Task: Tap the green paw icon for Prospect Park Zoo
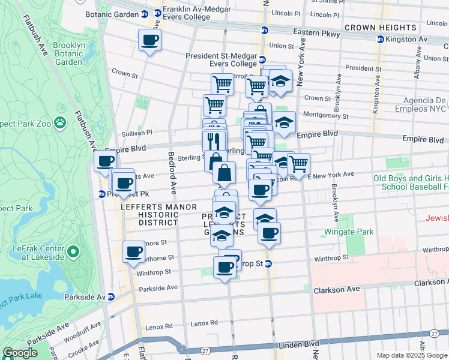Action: (60, 123)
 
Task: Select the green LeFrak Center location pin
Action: (73, 251)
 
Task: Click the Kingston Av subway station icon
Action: (380, 40)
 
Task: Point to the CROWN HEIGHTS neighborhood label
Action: (381, 28)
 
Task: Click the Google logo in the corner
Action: (20, 353)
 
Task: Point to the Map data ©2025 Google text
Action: (411, 355)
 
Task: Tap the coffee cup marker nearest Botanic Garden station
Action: (149, 41)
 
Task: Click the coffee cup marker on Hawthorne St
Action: (133, 252)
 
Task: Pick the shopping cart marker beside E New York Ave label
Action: (298, 164)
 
